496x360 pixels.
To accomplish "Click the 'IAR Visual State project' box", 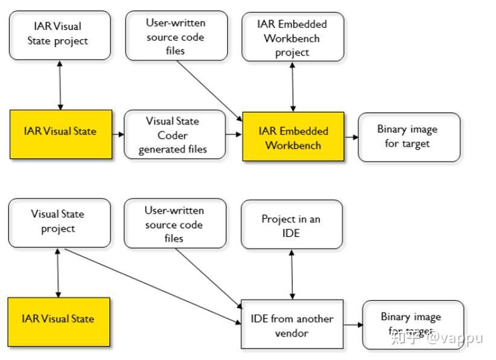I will coord(60,34).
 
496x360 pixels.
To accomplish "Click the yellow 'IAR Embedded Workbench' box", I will coord(293,137).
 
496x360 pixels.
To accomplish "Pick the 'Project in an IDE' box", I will coord(291,225).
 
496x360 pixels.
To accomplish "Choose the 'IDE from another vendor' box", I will coord(292,324).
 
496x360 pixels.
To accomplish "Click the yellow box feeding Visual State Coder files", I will coord(60,134).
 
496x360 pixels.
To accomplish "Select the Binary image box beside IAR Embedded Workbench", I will coord(409,137).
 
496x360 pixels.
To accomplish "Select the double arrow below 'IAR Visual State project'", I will coord(60,85).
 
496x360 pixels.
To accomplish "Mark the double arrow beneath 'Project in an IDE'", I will coord(293,274).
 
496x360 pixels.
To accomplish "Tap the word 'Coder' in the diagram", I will coord(173,135).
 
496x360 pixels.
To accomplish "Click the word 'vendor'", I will coord(292,332).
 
